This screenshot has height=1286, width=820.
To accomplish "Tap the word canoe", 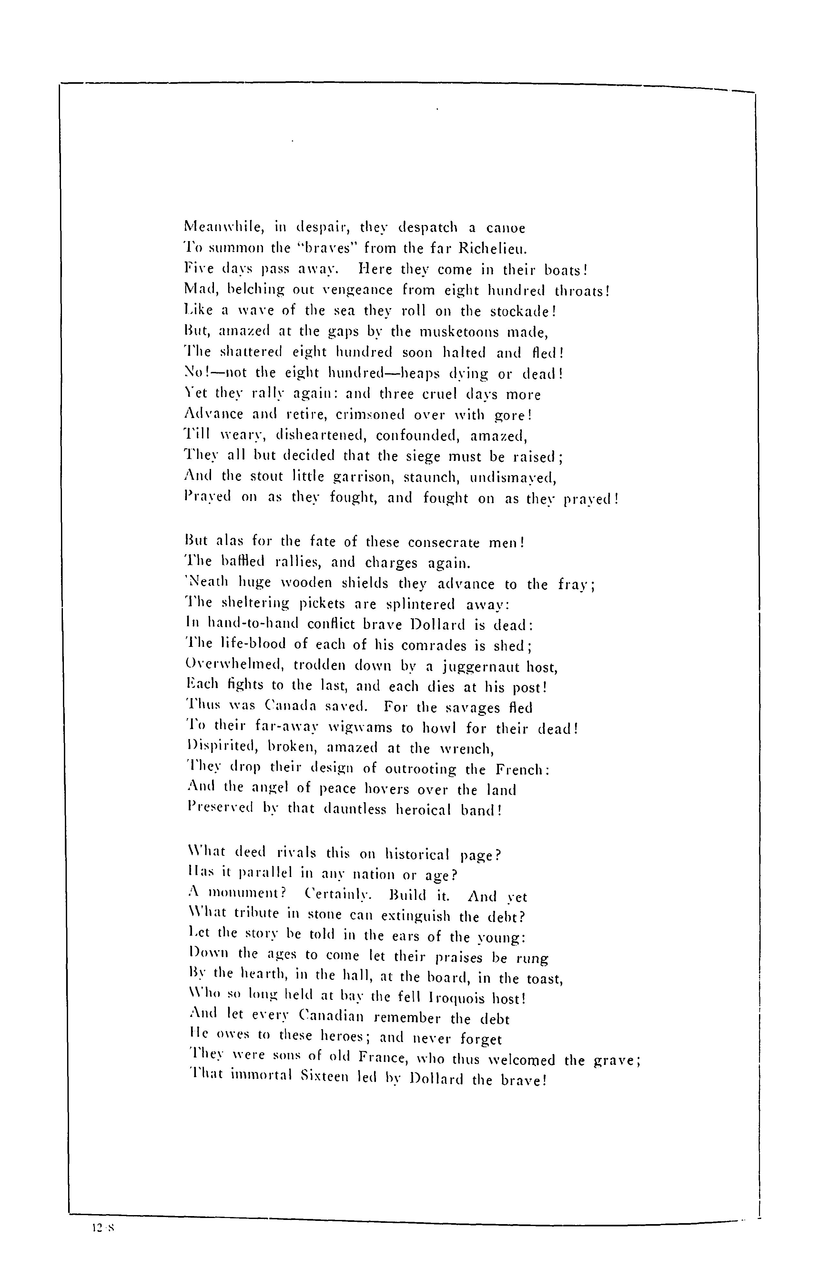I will [x=506, y=229].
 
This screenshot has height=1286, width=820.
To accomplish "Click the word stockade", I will [x=520, y=311].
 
